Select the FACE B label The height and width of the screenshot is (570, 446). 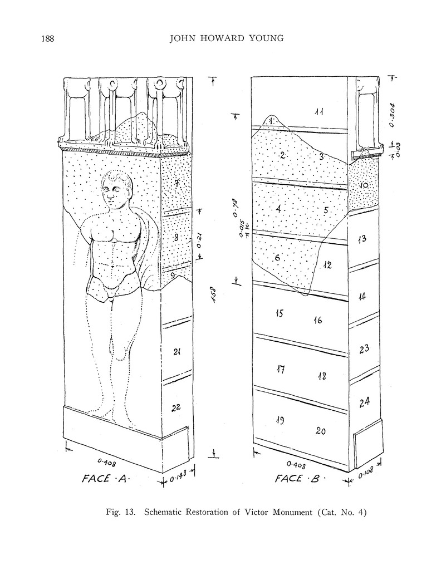coord(300,478)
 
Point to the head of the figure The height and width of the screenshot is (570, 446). coord(117,190)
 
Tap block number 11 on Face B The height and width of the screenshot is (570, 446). coord(319,112)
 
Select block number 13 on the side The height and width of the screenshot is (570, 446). coord(362,239)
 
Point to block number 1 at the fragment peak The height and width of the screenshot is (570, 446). coord(271,119)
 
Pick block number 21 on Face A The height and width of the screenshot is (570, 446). coord(177,351)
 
